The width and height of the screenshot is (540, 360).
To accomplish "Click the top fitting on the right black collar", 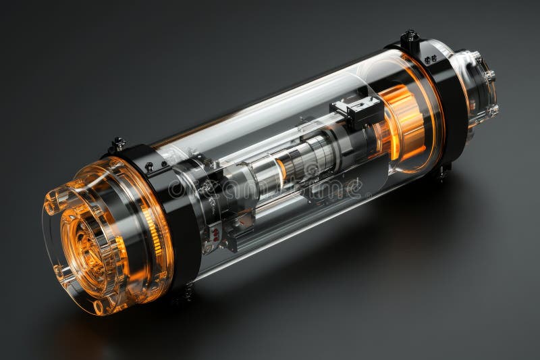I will (409, 36).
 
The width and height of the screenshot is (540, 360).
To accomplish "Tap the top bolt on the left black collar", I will (119, 143).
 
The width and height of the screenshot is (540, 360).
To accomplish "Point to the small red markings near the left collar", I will (215, 234).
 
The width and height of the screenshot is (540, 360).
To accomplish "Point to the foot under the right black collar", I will (442, 172).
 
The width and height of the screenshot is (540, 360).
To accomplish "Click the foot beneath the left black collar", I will (185, 292).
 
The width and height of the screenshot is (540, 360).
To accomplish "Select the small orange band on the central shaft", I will (281, 170).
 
